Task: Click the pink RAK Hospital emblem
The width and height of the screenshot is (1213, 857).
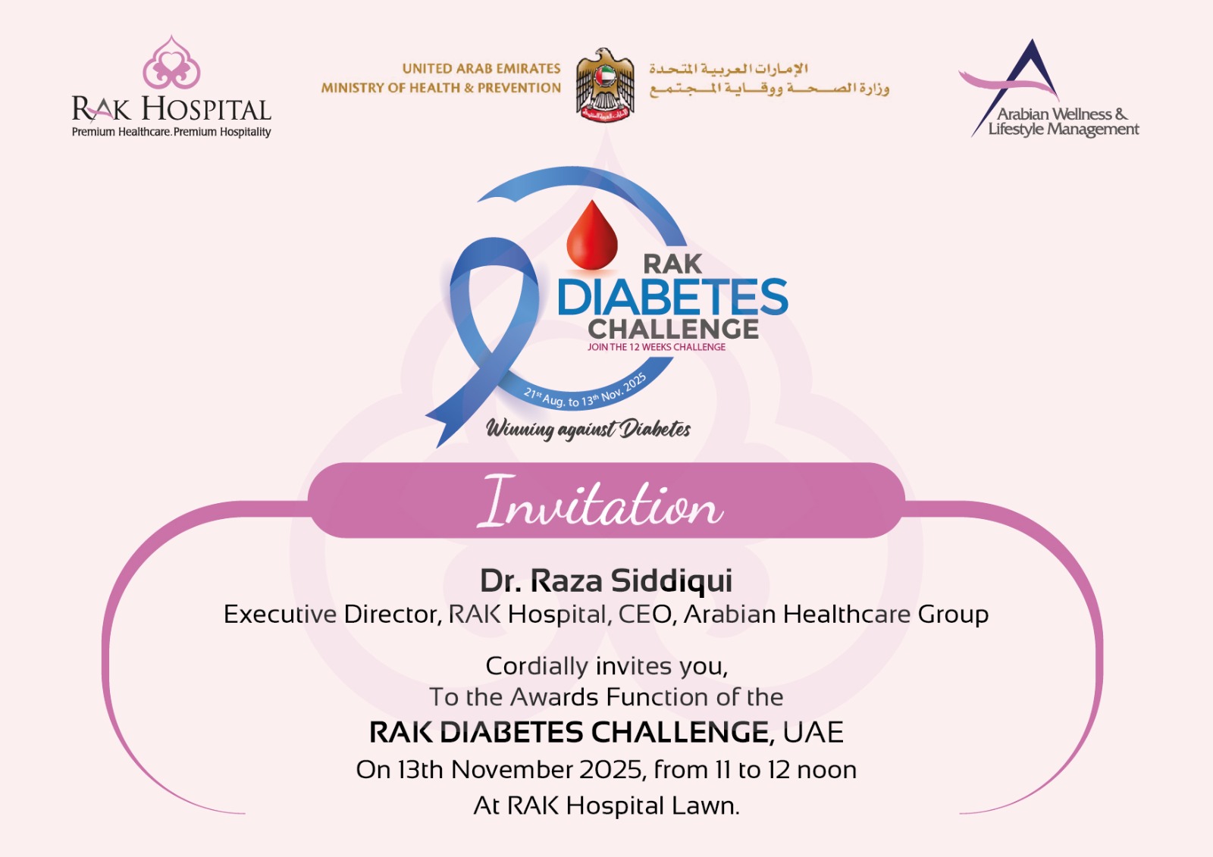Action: (171, 63)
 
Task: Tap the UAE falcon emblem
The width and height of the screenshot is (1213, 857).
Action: (605, 84)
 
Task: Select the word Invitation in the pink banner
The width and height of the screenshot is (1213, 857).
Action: (600, 502)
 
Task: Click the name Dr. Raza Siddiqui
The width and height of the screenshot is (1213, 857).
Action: (606, 580)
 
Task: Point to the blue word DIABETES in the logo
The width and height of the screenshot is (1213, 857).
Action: (672, 297)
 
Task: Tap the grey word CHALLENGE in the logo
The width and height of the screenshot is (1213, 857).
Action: (673, 329)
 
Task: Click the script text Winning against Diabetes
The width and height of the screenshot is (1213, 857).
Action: (588, 430)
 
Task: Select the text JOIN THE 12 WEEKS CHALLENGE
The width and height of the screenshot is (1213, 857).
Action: (657, 347)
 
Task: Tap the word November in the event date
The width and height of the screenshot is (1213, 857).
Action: (512, 770)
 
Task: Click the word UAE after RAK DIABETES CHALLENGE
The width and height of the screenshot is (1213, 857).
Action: (813, 733)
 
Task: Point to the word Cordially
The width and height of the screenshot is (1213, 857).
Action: (537, 666)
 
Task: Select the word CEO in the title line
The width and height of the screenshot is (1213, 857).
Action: (647, 615)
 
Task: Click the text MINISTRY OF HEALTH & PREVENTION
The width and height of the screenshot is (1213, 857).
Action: (440, 88)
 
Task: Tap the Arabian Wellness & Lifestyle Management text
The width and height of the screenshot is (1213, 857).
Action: (1063, 122)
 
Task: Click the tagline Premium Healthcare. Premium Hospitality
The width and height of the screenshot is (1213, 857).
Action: (171, 132)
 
